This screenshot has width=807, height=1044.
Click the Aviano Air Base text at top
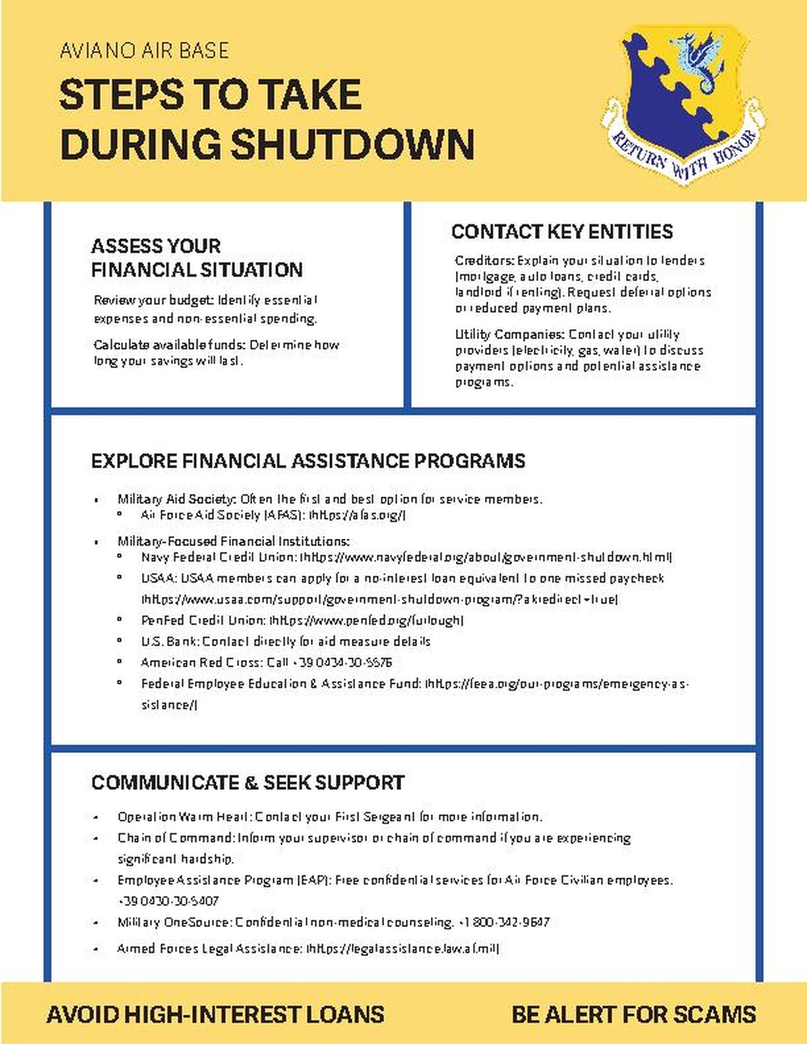pos(144,51)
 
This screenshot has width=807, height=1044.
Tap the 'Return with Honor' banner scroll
pos(684,153)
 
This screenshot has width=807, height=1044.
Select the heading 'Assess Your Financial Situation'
pos(197,257)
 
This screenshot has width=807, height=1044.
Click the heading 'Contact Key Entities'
pos(562,232)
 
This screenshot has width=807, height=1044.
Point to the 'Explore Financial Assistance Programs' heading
pos(307,461)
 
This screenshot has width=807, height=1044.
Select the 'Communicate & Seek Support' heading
pos(248,782)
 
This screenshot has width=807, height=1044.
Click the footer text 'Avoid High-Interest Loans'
pos(215,1014)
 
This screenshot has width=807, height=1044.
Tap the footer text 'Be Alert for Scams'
pos(633,1014)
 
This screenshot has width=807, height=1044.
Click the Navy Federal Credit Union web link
pos(486,557)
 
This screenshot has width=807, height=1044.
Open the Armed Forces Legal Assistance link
pos(402,949)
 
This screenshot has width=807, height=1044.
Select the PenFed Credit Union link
pos(366,620)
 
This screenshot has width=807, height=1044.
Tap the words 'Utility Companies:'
pos(509,334)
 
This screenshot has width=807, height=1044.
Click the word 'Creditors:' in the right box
pos(484,261)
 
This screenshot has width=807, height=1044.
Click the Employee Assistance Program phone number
pos(168,900)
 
